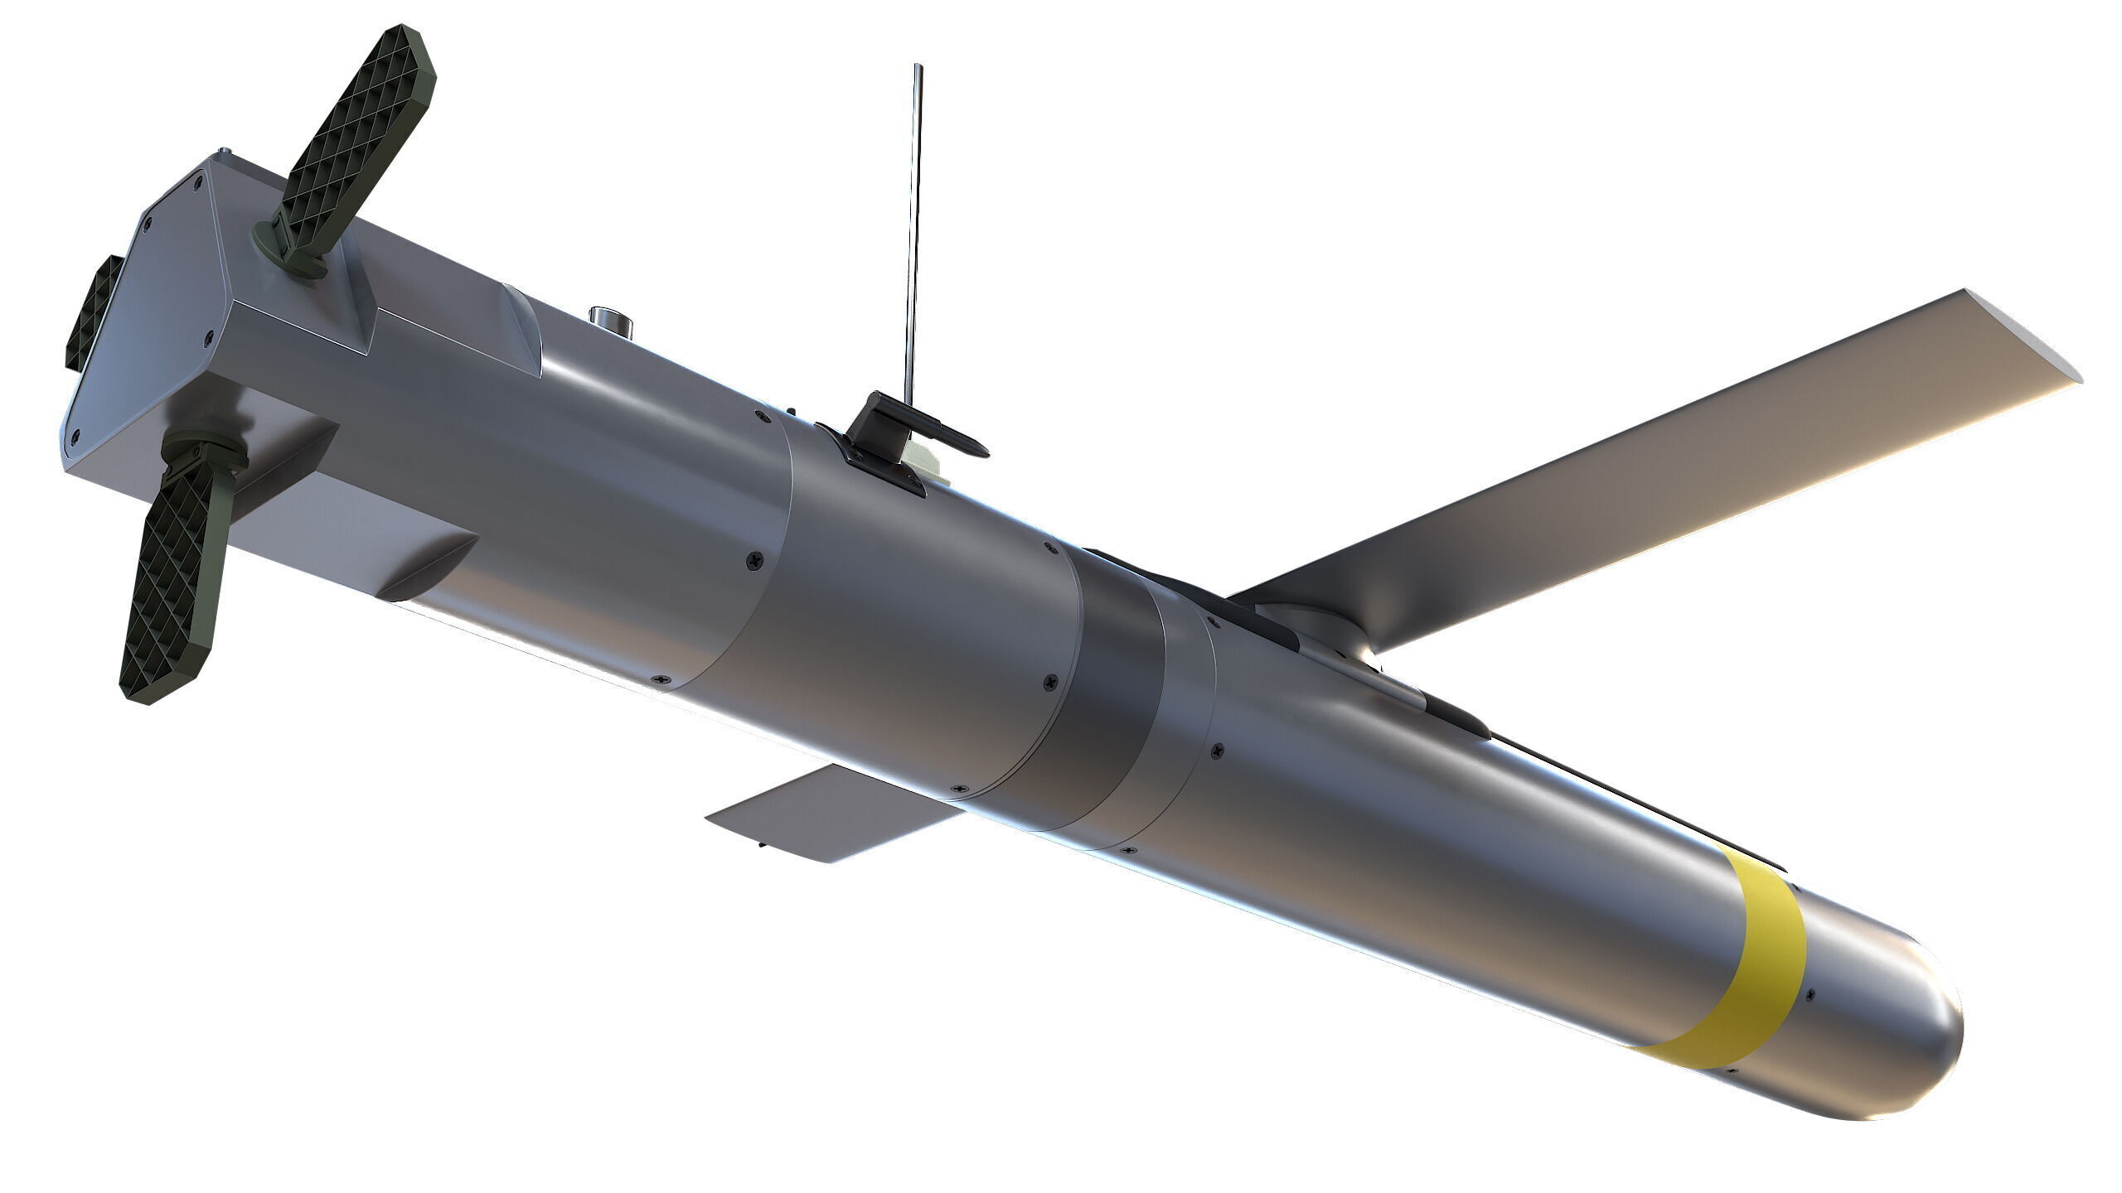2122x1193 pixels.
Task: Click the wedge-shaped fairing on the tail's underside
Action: click(431, 572)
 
